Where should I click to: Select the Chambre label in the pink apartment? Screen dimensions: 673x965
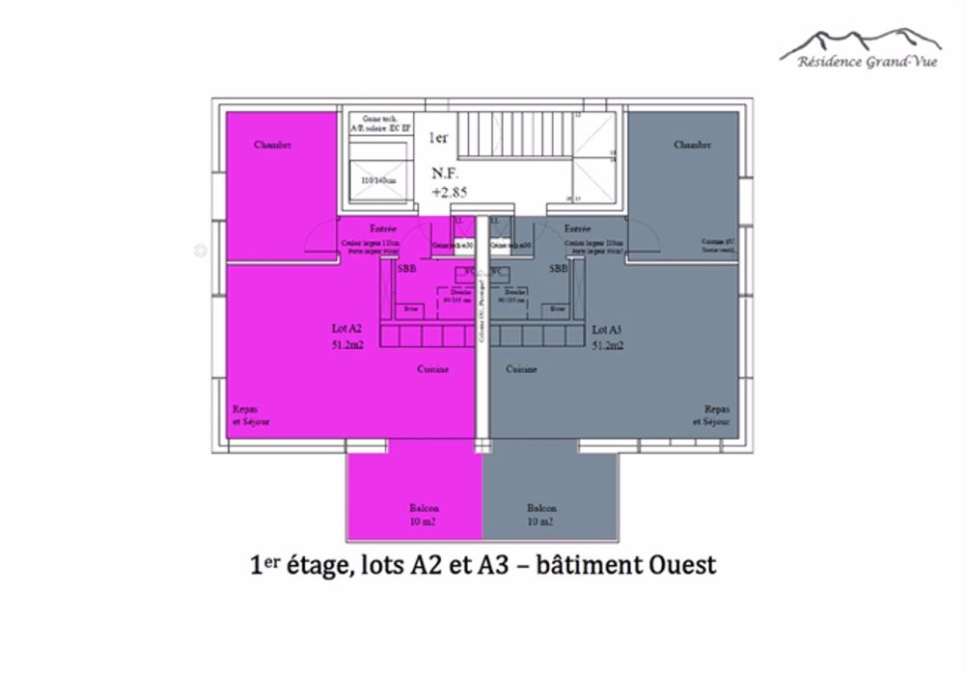pyautogui.click(x=273, y=146)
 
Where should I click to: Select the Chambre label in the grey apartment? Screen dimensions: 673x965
pyautogui.click(x=692, y=146)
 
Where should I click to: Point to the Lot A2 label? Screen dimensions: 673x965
pyautogui.click(x=346, y=328)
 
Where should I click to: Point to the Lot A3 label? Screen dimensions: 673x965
pyautogui.click(x=607, y=328)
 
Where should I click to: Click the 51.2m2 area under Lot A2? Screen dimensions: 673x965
pyautogui.click(x=346, y=343)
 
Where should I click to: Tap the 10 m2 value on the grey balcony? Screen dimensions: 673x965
pyautogui.click(x=540, y=522)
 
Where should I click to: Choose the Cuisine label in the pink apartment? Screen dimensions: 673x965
pyautogui.click(x=432, y=369)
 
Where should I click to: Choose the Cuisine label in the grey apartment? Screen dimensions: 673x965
pyautogui.click(x=522, y=369)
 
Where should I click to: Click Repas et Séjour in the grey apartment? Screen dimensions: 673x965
pyautogui.click(x=712, y=415)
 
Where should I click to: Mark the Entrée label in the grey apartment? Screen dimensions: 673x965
pyautogui.click(x=577, y=229)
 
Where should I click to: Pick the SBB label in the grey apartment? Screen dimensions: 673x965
pyautogui.click(x=558, y=270)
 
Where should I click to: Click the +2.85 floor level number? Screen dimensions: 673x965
pyautogui.click(x=449, y=192)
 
